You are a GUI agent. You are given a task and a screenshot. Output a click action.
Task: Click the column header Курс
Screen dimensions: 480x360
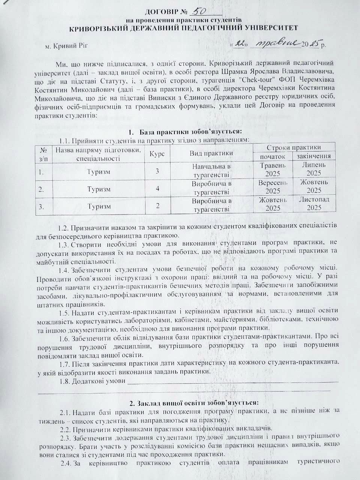pos(157,153)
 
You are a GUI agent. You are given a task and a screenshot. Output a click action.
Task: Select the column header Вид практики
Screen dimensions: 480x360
pos(211,153)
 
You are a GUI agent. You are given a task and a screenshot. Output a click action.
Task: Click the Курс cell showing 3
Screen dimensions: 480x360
pos(157,171)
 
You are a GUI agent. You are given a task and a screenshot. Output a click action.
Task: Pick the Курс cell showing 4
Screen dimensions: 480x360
pos(157,189)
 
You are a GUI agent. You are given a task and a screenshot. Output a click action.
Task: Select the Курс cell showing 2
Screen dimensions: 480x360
pos(157,206)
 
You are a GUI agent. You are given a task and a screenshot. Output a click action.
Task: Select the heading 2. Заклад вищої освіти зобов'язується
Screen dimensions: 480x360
pos(194,403)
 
